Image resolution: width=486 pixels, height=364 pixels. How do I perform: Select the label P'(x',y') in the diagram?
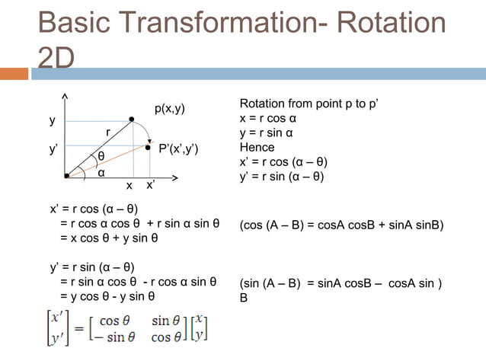click(x=179, y=148)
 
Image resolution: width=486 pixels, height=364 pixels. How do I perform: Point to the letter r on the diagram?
click(x=107, y=133)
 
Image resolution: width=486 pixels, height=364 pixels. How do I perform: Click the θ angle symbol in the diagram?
click(x=101, y=157)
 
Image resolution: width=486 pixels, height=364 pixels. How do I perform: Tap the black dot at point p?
click(x=132, y=120)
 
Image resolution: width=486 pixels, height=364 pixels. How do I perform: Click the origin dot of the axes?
click(x=67, y=176)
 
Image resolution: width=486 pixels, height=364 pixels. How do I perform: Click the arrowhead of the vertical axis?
click(x=66, y=97)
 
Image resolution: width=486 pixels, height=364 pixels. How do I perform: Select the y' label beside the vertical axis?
click(x=53, y=150)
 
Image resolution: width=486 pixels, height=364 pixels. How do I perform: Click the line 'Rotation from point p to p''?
click(x=309, y=104)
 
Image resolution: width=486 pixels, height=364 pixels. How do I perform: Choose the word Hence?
click(x=257, y=148)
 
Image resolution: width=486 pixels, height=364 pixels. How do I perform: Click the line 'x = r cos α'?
click(x=267, y=119)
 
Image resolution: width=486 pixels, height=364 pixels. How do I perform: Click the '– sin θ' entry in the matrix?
click(x=115, y=337)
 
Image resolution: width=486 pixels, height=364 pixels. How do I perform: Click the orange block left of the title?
click(x=13, y=74)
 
